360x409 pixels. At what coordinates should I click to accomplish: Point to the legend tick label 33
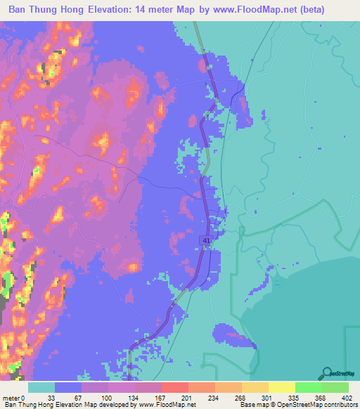pos(51,397)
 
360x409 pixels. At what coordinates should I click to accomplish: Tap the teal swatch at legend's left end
pos(41,387)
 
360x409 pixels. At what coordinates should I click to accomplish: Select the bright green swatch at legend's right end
pos(335,387)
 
